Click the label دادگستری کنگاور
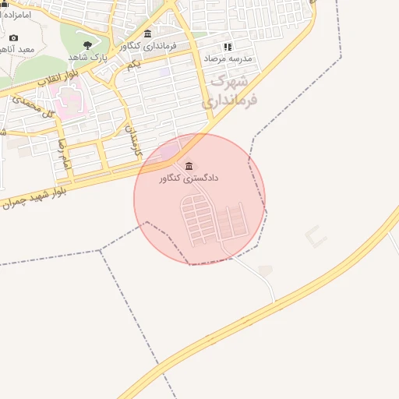pyautogui.click(x=189, y=178)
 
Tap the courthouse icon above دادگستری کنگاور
pyautogui.click(x=189, y=165)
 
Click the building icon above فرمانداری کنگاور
pyautogui.click(x=147, y=33)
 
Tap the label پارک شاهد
pyautogui.click(x=87, y=57)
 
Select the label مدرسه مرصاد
pyautogui.click(x=228, y=58)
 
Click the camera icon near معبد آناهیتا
pyautogui.click(x=13, y=37)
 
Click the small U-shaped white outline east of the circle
pyautogui.click(x=315, y=236)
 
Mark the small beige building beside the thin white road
pyautogui.click(x=266, y=270)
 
